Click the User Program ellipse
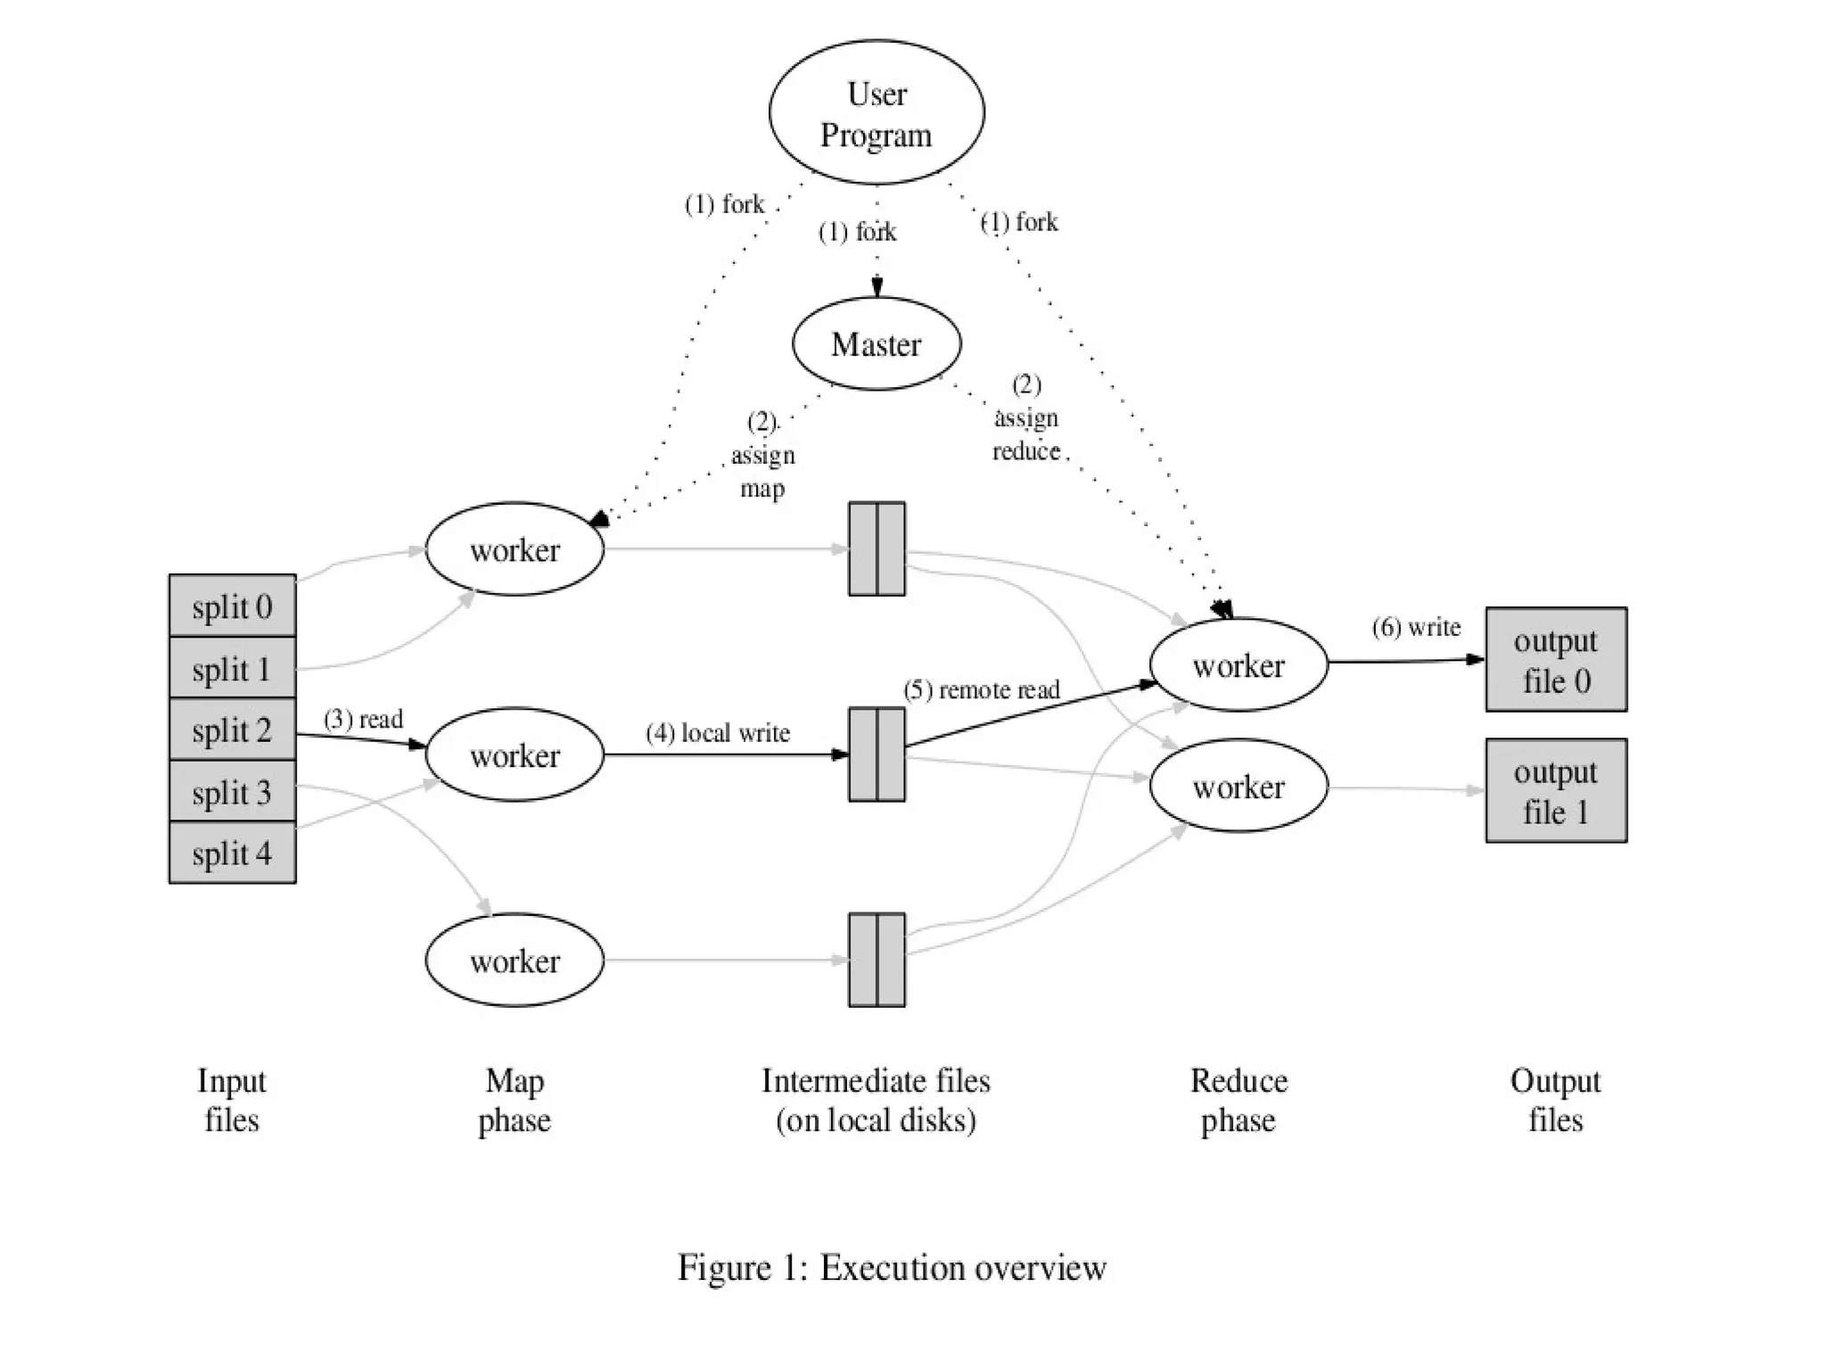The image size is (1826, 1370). (x=876, y=112)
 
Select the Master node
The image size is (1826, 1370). (x=876, y=344)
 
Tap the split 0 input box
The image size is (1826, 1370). (x=232, y=607)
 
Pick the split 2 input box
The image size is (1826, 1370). (x=232, y=730)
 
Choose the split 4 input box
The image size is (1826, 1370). (x=232, y=854)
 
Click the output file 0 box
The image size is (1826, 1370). (x=1556, y=660)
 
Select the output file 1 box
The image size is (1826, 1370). (x=1556, y=791)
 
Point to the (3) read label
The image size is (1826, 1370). (x=363, y=719)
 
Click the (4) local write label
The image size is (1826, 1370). (x=718, y=733)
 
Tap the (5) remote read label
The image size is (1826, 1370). (x=981, y=690)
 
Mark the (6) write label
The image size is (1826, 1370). (x=1416, y=628)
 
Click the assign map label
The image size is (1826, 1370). (x=762, y=455)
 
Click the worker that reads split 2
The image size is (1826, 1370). (x=514, y=755)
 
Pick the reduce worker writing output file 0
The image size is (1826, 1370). (x=1238, y=665)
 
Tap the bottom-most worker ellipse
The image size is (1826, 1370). (x=514, y=961)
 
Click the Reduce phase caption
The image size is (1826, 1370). (x=1238, y=1100)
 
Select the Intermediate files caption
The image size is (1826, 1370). (x=876, y=1100)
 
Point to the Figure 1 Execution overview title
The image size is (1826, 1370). (x=892, y=1267)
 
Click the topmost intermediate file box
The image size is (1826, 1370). (x=876, y=549)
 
